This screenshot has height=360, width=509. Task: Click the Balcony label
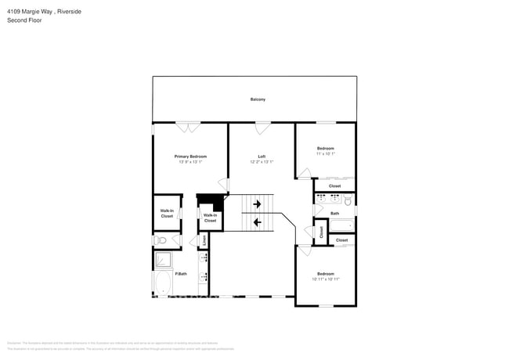pyautogui.click(x=258, y=99)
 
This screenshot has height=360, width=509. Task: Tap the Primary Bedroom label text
pyautogui.click(x=190, y=157)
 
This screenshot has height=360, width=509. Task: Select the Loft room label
pyautogui.click(x=262, y=157)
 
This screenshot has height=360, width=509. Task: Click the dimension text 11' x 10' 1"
pyautogui.click(x=325, y=154)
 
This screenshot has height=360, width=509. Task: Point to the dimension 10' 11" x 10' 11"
pyautogui.click(x=325, y=279)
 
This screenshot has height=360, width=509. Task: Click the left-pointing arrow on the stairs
pyautogui.click(x=258, y=222)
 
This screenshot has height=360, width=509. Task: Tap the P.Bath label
pyautogui.click(x=180, y=273)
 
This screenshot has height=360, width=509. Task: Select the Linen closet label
pyautogui.click(x=204, y=240)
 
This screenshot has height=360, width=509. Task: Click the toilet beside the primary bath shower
pyautogui.click(x=159, y=240)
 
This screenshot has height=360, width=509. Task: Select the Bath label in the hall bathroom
pyautogui.click(x=334, y=213)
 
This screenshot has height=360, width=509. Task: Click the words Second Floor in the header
pyautogui.click(x=24, y=20)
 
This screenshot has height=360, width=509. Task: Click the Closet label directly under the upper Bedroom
pyautogui.click(x=334, y=186)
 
